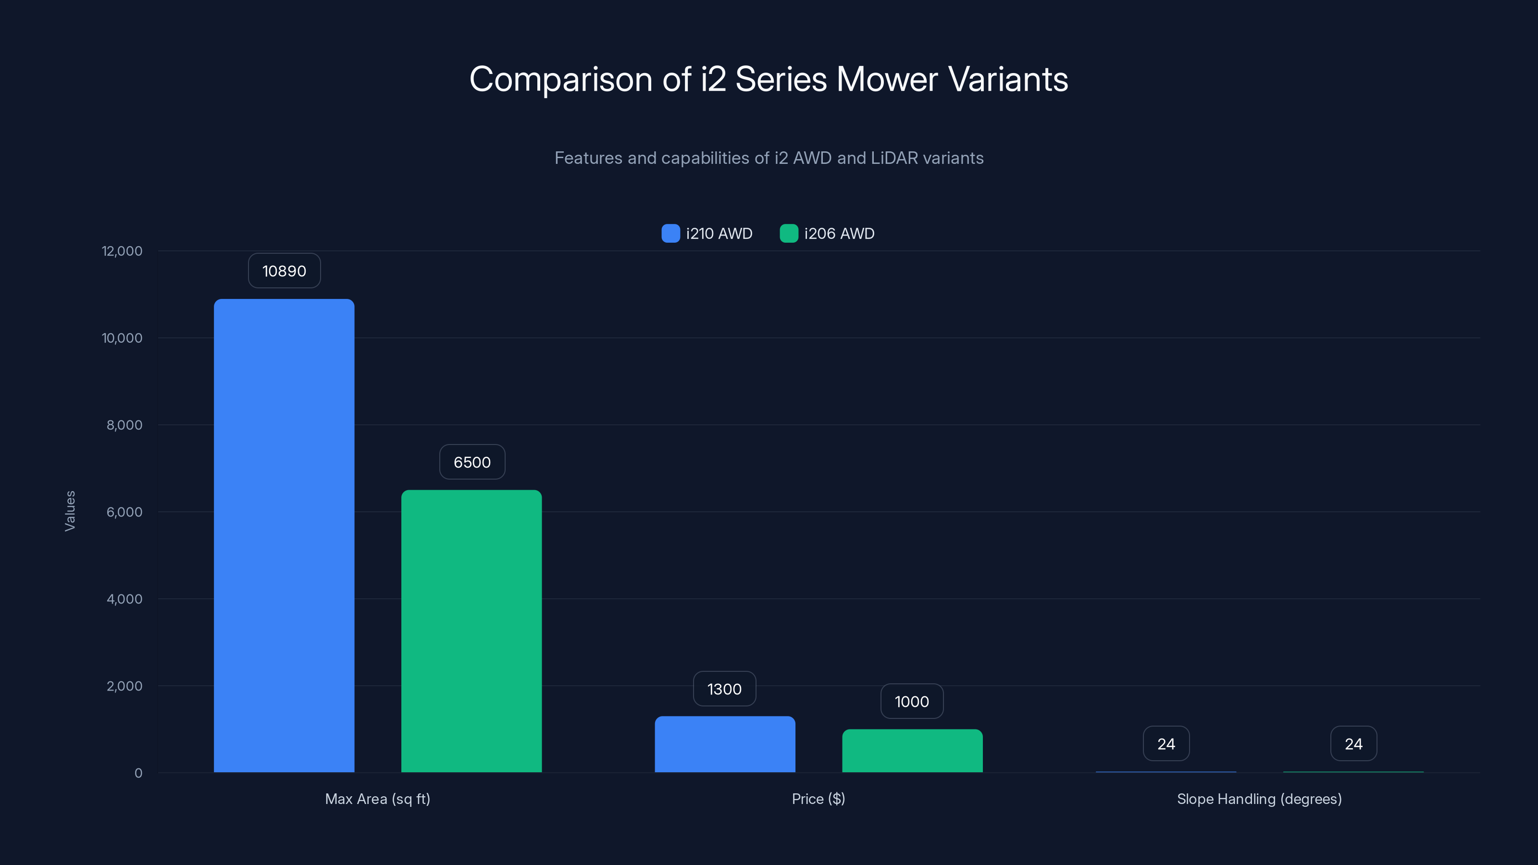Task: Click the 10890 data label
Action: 284,271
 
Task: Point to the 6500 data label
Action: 471,462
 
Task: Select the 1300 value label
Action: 724,689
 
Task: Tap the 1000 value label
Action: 912,702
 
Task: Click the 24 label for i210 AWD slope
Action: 1166,744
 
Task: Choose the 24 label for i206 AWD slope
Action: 1353,744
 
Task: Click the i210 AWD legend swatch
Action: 670,234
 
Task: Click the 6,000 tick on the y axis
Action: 124,512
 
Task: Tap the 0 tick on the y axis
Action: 138,773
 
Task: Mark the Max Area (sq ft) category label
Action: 377,799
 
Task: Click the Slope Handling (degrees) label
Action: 1259,799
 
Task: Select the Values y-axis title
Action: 70,511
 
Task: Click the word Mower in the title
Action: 887,79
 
